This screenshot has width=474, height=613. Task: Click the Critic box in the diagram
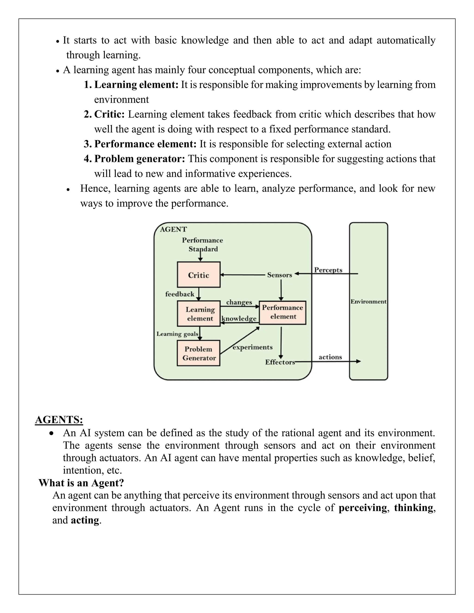(x=199, y=275)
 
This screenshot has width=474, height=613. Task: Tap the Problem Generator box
(x=199, y=353)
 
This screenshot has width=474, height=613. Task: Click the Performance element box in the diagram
(x=282, y=312)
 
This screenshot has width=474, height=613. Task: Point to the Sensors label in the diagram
(x=279, y=275)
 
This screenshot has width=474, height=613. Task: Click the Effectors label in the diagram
(x=280, y=362)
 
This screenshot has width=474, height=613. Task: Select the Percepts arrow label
(x=328, y=270)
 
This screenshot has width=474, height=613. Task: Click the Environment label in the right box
(x=368, y=301)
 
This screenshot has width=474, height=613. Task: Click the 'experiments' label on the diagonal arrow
(x=253, y=347)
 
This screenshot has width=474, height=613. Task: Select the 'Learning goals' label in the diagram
(x=177, y=334)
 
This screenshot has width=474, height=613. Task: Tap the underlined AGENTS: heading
(x=59, y=420)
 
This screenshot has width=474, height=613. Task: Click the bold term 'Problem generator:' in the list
(x=140, y=159)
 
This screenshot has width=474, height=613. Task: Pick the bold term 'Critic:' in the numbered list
(x=109, y=114)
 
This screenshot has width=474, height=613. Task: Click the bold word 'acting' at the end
(x=85, y=520)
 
